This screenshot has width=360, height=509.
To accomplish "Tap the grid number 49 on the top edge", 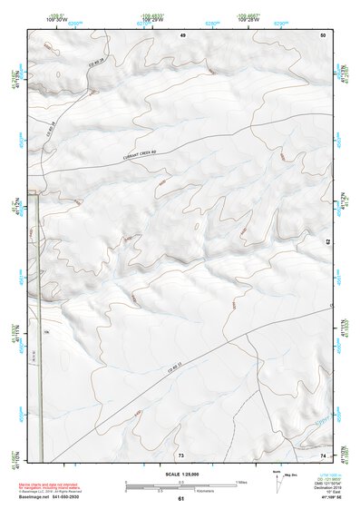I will tap(182, 34).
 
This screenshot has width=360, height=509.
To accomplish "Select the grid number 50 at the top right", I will tap(323, 34).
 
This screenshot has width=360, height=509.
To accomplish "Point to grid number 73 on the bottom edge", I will tap(181, 454).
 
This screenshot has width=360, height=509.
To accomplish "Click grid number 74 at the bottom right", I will tap(323, 454).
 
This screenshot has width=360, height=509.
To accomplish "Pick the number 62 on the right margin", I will tap(328, 241).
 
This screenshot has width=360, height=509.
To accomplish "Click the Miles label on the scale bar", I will tap(242, 481).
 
